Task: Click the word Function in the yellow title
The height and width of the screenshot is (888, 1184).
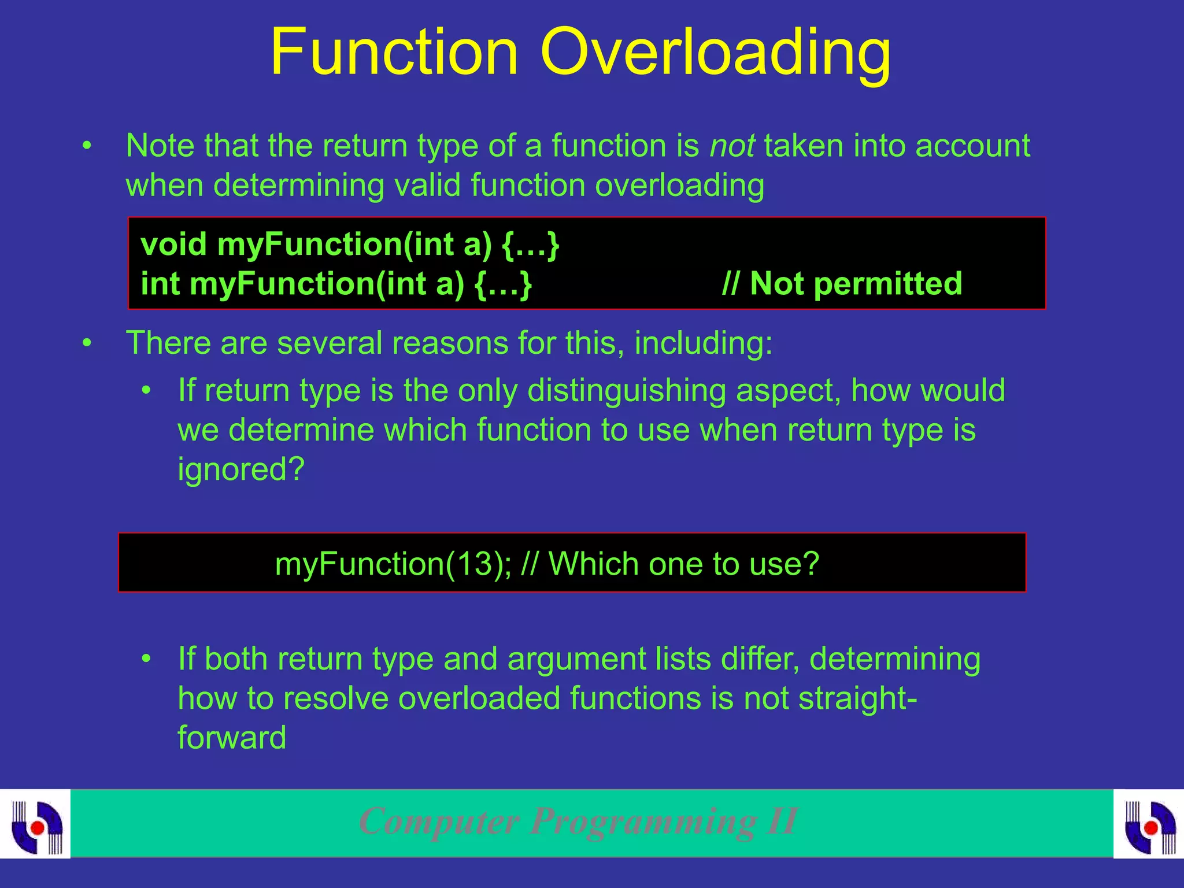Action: [394, 53]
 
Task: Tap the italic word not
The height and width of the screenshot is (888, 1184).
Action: [732, 146]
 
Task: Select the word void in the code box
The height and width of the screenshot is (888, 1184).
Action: [173, 244]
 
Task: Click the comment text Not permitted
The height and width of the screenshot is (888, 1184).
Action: [856, 284]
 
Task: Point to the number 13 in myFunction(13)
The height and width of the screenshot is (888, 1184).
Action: [473, 564]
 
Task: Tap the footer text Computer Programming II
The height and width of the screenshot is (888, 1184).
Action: [578, 822]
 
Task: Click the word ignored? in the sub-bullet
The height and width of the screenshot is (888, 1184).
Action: [240, 469]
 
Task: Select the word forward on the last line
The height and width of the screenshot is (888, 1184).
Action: [232, 738]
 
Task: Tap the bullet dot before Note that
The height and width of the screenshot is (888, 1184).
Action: [87, 146]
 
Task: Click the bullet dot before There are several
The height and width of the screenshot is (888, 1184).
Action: [87, 343]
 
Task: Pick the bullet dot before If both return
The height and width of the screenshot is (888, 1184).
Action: [147, 659]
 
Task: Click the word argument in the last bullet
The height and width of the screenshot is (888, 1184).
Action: [576, 659]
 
